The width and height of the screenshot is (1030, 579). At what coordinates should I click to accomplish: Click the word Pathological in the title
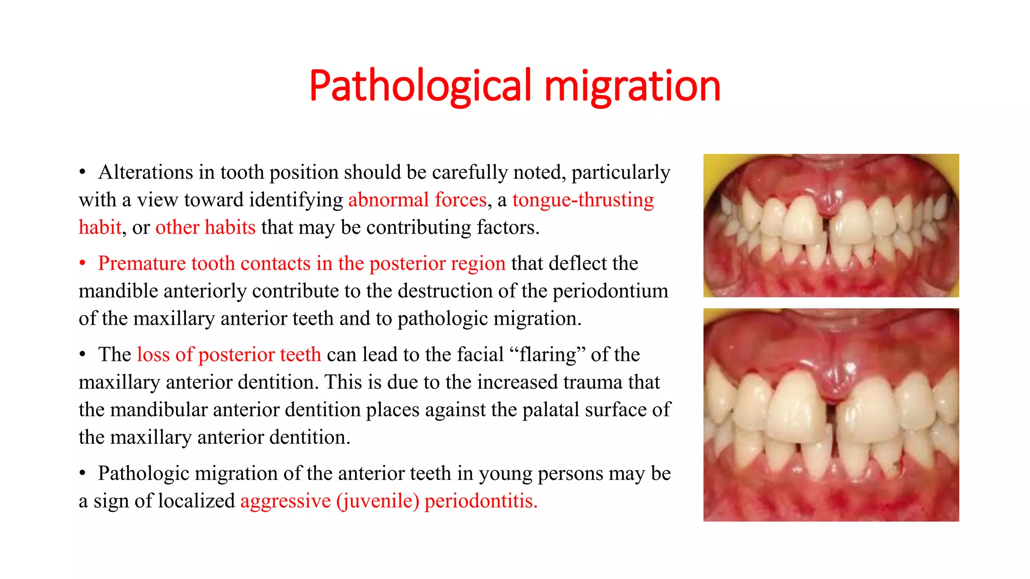pyautogui.click(x=420, y=86)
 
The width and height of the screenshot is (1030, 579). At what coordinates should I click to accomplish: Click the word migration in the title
pyautogui.click(x=632, y=86)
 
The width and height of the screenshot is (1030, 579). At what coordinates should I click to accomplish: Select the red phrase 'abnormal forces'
pyautogui.click(x=417, y=200)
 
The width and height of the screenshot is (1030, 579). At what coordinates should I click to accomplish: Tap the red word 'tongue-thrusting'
pyautogui.click(x=583, y=200)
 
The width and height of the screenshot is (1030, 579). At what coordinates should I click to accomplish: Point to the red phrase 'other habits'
pyautogui.click(x=205, y=228)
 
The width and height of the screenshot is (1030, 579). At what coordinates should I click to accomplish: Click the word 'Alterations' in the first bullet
pyautogui.click(x=146, y=172)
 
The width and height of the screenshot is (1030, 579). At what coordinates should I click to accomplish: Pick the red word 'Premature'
pyautogui.click(x=142, y=263)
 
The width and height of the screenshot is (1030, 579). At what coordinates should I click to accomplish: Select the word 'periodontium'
pyautogui.click(x=611, y=291)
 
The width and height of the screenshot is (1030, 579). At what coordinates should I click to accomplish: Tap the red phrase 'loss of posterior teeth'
pyautogui.click(x=229, y=355)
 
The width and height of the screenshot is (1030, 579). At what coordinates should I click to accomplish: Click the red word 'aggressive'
pyautogui.click(x=285, y=501)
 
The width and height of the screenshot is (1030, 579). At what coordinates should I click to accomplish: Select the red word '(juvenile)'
pyautogui.click(x=378, y=501)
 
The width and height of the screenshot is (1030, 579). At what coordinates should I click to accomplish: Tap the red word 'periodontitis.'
pyautogui.click(x=481, y=501)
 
